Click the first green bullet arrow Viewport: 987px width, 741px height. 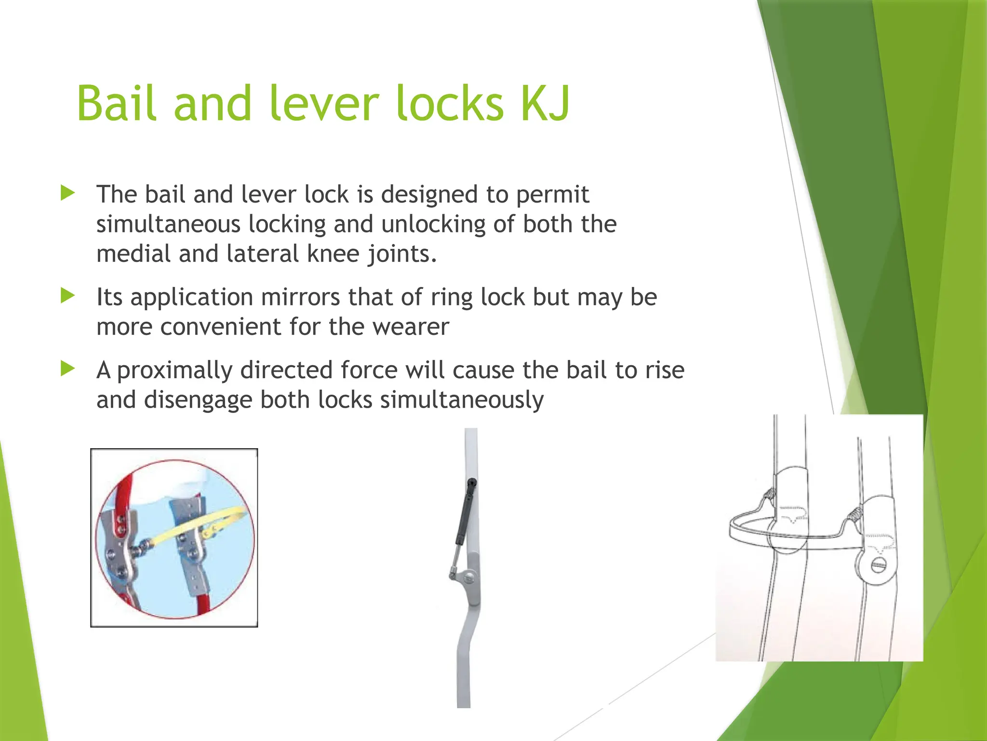pos(68,193)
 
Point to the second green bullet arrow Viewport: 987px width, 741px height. pos(68,296)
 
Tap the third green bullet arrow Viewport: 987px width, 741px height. pos(68,369)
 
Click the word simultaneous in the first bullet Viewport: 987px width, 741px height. pos(168,224)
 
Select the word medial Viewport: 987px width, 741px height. pos(133,254)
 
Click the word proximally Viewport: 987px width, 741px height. pos(175,370)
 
